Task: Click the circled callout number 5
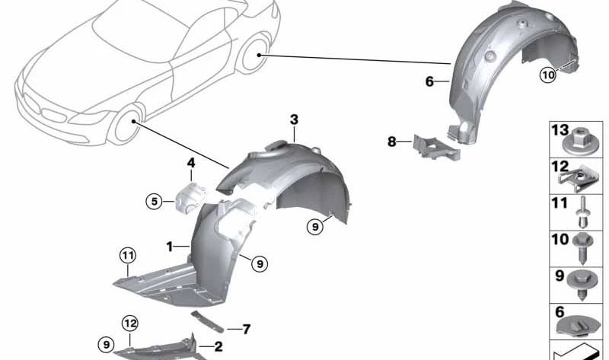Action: [x=155, y=202]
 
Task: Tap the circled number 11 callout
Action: [x=128, y=256]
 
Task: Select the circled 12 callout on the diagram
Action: [x=129, y=323]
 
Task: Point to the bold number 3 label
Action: [x=294, y=119]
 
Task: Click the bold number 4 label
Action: [x=191, y=163]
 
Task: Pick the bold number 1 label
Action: [x=169, y=246]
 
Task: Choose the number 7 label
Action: [x=246, y=330]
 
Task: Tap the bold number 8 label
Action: [x=392, y=142]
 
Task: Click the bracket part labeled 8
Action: [x=436, y=148]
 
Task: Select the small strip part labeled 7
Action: [x=207, y=321]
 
